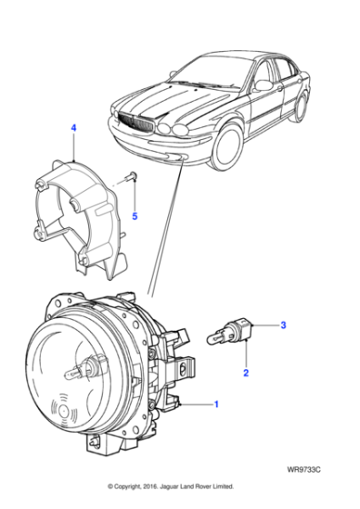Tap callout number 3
[283, 324]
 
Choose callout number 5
[135, 216]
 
